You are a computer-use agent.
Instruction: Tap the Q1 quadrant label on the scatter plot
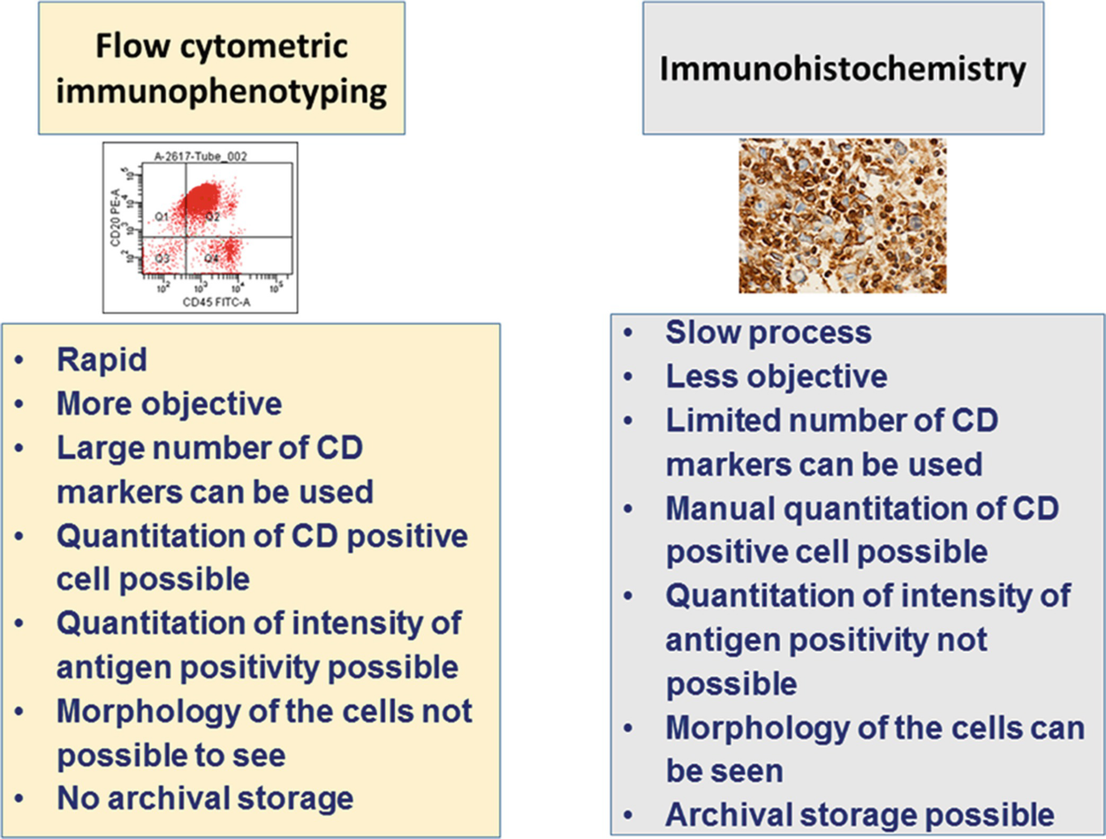pos(162,215)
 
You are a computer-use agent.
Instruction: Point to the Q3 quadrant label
pos(162,258)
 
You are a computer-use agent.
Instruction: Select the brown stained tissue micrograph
pos(842,215)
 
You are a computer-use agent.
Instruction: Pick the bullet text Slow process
pos(769,332)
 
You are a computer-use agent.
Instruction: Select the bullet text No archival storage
pos(204,798)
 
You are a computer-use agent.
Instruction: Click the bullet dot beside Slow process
pos(628,333)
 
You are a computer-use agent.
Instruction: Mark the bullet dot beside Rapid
pos(20,361)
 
